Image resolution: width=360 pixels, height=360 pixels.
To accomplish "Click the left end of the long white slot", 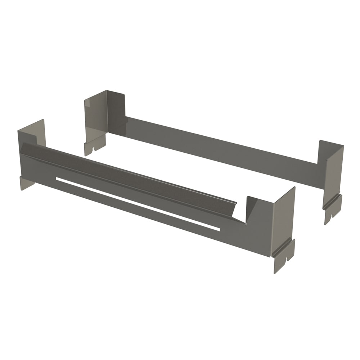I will click(x=58, y=178).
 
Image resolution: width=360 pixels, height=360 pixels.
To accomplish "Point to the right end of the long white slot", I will click(x=217, y=229).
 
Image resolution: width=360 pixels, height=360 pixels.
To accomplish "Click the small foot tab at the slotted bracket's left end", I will click(x=27, y=183).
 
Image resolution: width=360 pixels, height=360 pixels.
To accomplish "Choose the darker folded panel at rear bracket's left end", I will click(x=116, y=112).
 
